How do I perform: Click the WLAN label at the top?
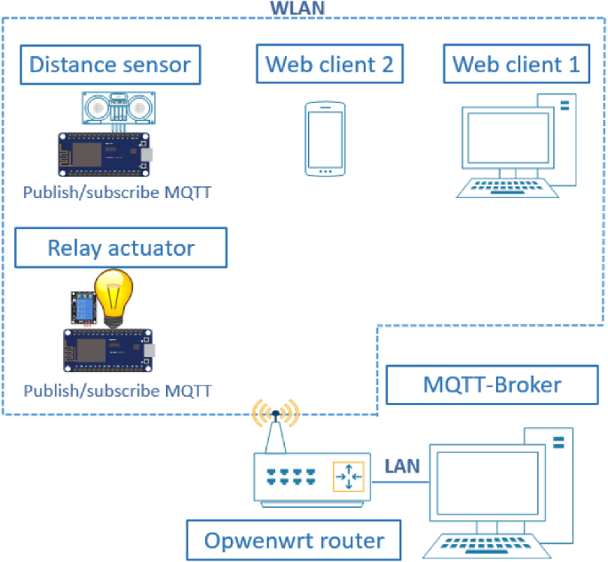297,8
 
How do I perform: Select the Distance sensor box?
111,65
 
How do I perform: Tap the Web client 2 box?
329,64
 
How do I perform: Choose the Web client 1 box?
517,64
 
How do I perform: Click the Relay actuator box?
121,248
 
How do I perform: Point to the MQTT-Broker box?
492,384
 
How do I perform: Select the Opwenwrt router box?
294,541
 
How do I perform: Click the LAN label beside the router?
402,466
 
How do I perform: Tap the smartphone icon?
325,139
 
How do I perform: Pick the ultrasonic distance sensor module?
119,108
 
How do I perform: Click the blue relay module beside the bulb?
83,308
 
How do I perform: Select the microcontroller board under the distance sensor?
105,154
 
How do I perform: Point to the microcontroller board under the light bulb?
108,350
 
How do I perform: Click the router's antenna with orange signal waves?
275,425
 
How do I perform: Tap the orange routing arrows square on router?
348,476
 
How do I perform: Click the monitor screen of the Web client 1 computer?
508,139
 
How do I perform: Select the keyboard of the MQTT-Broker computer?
486,546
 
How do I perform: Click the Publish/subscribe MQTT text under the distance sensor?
117,193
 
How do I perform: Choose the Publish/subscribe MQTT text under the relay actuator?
117,391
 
